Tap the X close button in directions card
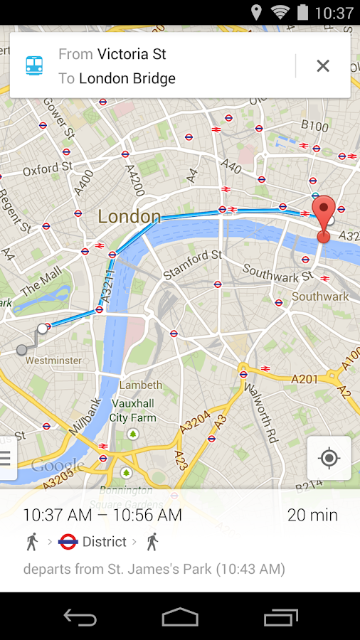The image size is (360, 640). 322,66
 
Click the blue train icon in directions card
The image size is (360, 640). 34,66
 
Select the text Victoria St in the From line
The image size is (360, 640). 132,54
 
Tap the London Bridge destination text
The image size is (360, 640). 127,78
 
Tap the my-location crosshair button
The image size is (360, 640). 329,458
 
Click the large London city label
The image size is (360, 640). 129,216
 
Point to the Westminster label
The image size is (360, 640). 53,361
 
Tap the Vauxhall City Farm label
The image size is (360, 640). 133,411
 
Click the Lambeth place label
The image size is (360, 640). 141,385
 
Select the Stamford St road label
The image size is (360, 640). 193,264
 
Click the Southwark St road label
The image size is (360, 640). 277,272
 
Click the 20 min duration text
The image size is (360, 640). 312,515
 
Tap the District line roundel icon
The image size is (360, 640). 68,542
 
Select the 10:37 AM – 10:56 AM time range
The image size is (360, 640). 102,515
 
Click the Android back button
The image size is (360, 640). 80,617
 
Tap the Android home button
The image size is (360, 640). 180,617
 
